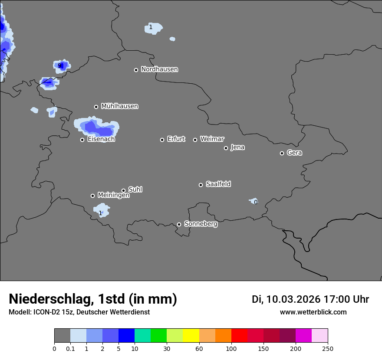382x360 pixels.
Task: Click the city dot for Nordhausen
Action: click(x=136, y=70)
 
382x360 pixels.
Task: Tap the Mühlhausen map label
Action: click(x=119, y=106)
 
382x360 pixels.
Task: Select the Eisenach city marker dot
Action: click(x=82, y=140)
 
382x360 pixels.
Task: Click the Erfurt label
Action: click(x=176, y=139)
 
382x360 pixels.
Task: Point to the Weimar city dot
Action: click(x=195, y=140)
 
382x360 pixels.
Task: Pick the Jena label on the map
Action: click(x=237, y=147)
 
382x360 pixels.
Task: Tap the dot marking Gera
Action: click(x=282, y=153)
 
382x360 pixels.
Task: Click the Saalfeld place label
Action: click(x=218, y=184)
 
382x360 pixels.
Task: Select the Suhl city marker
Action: click(x=123, y=190)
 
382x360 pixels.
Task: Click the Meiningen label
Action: click(x=113, y=196)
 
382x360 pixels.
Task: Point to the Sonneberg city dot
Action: click(x=179, y=225)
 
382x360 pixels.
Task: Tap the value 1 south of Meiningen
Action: click(x=100, y=213)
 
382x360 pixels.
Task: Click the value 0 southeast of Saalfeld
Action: click(x=255, y=202)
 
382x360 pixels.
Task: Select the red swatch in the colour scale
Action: click(x=239, y=336)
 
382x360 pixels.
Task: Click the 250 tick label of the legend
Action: click(x=328, y=348)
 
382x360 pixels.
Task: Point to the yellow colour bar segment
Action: click(x=191, y=336)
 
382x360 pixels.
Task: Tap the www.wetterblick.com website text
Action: click(x=313, y=312)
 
